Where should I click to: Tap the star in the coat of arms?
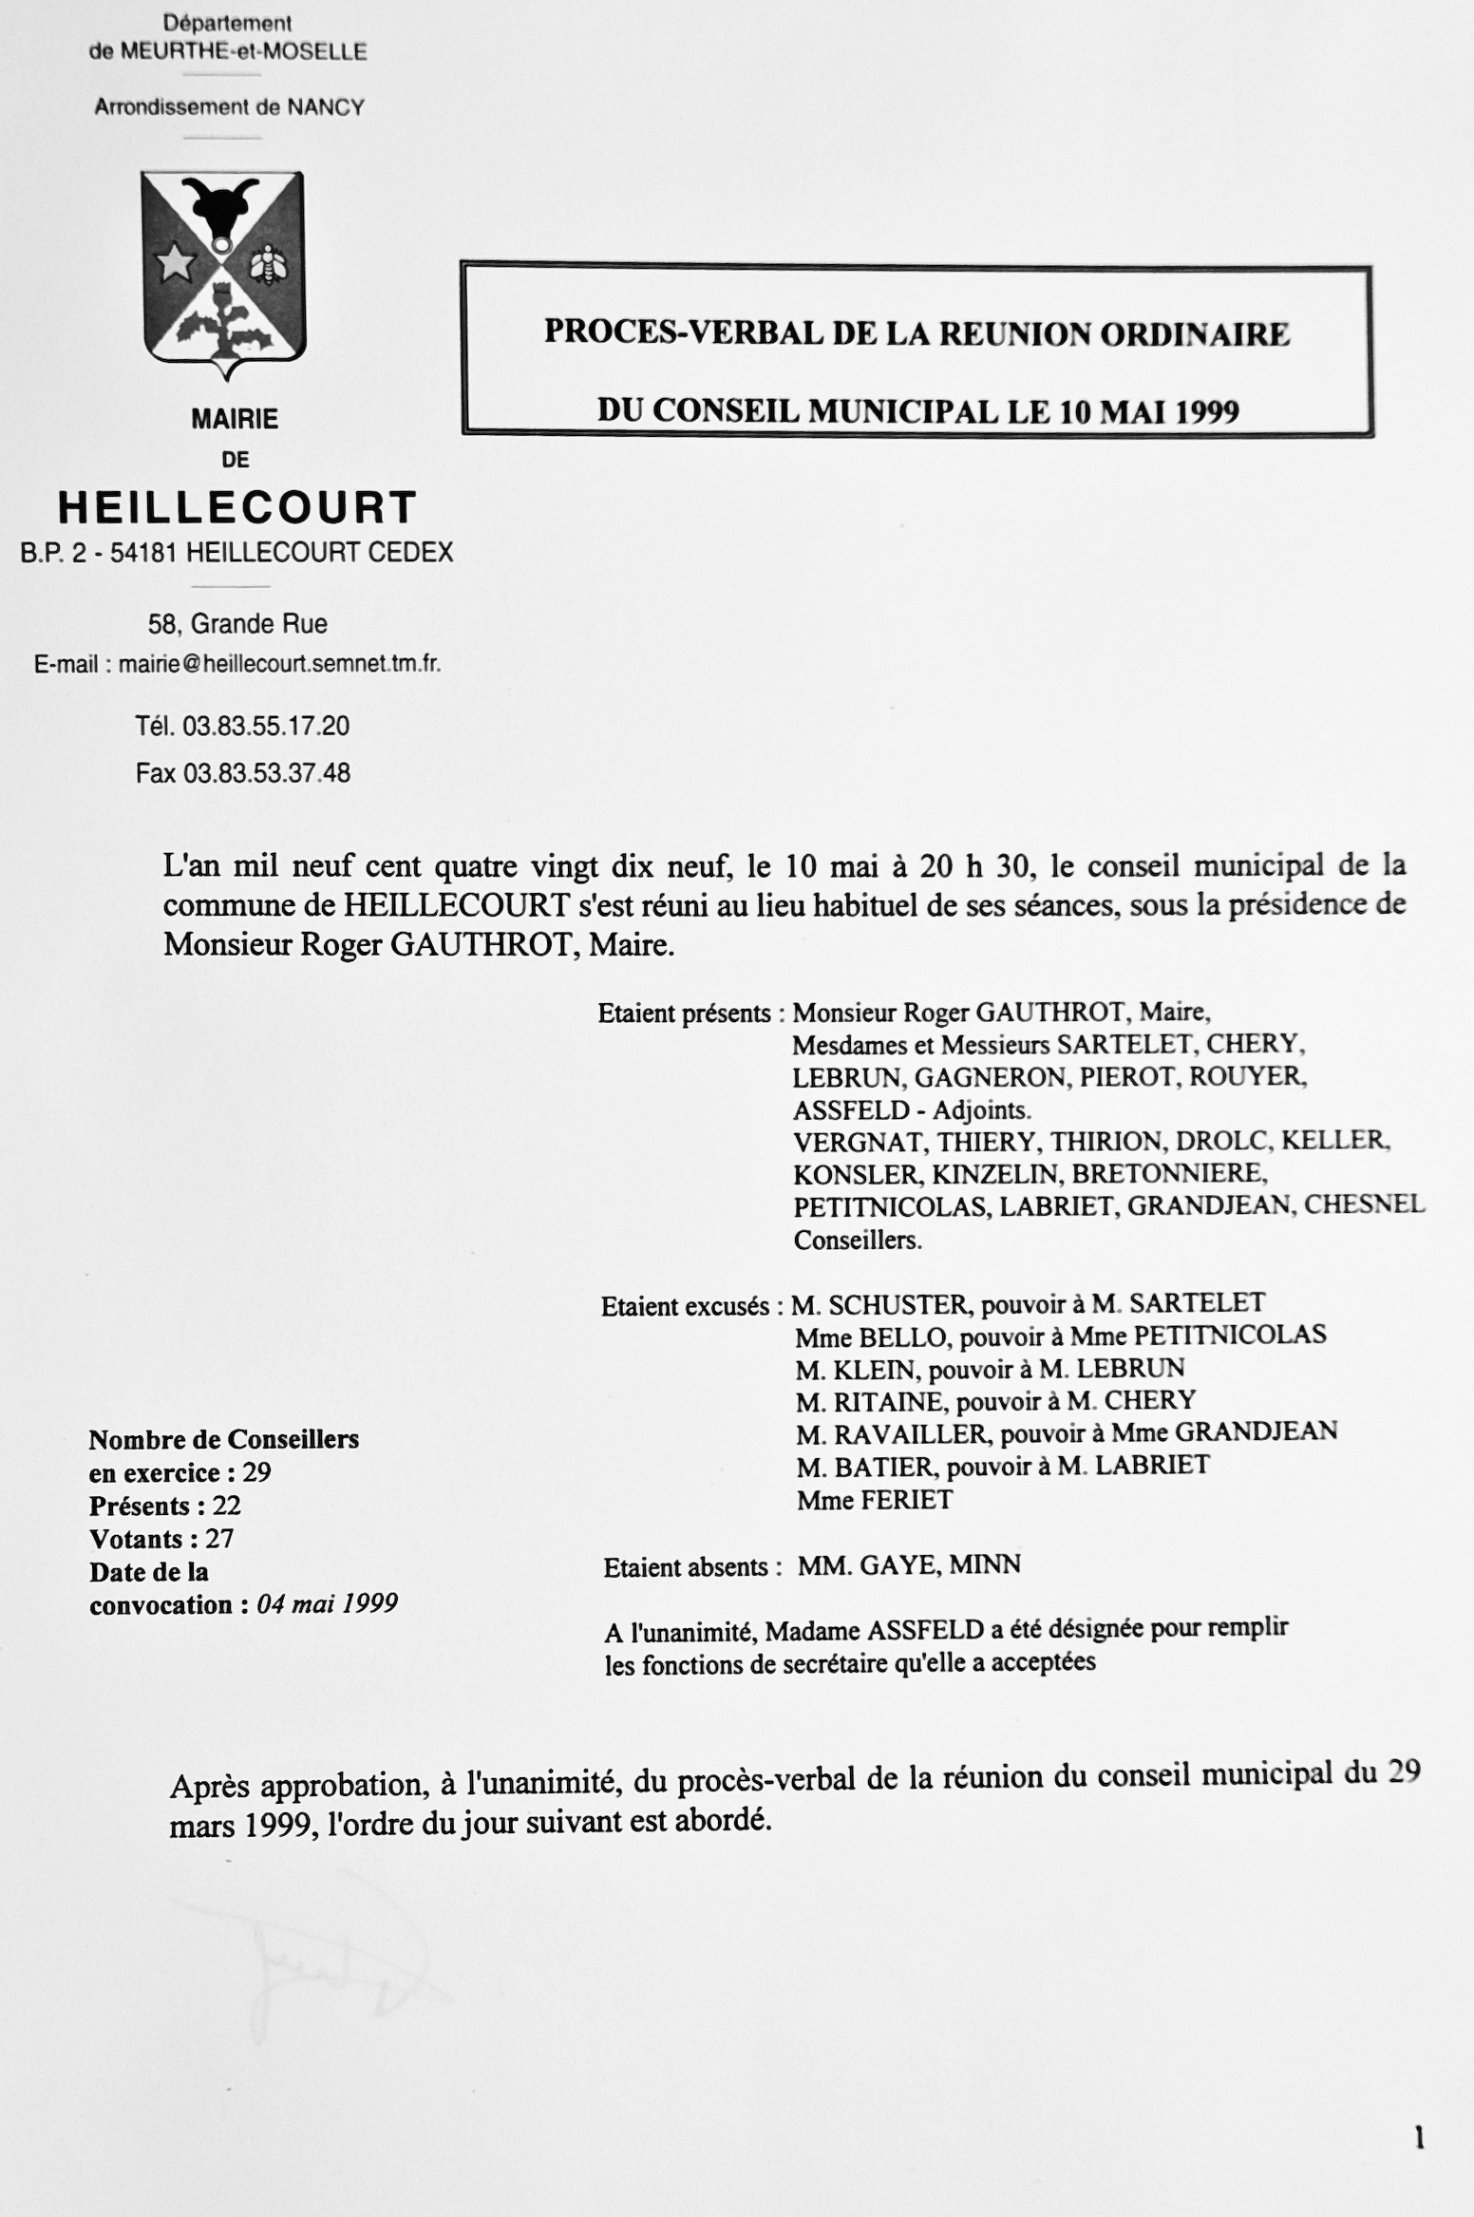point(175,263)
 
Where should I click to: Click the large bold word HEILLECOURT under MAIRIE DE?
point(237,507)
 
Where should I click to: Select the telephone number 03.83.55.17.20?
point(266,727)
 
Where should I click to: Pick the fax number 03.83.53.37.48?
point(267,773)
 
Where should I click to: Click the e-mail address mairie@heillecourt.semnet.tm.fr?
point(279,664)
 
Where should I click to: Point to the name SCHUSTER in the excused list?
point(899,1303)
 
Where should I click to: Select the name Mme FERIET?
point(874,1500)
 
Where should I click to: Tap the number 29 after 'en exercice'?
point(256,1472)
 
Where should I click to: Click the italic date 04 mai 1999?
point(327,1604)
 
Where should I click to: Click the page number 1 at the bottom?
point(1419,2139)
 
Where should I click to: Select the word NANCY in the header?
point(326,107)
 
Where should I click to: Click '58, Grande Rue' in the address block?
point(237,624)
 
